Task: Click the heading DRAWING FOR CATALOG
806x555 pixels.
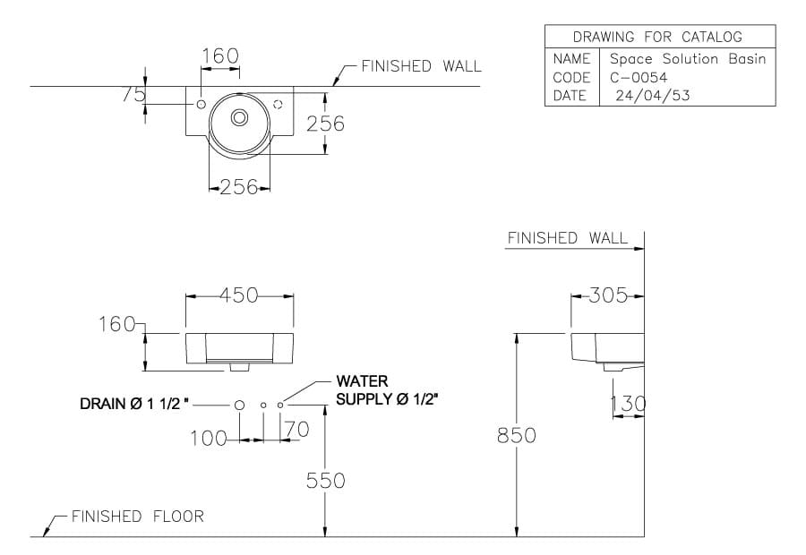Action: coord(658,37)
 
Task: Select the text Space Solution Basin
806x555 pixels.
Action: coord(687,59)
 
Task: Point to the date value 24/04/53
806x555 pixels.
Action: coord(653,96)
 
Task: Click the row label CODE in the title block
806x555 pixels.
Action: coord(571,78)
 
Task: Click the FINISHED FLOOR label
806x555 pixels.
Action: coord(137,517)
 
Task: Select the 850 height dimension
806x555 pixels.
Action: coord(517,435)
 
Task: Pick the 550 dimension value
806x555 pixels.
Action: coord(325,481)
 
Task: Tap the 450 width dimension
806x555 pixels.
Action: coord(239,295)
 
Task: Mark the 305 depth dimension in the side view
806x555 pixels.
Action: coord(610,295)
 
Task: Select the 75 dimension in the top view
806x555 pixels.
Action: coord(133,95)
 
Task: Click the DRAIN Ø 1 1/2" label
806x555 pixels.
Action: coord(135,405)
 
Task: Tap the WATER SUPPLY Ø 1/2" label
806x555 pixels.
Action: coord(387,390)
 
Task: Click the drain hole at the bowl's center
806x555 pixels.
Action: coord(239,117)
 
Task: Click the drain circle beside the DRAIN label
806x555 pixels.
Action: coord(239,406)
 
